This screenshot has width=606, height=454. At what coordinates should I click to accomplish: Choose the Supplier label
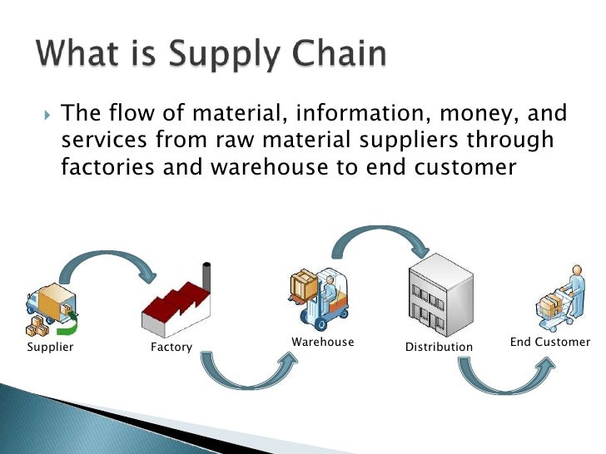coord(50,347)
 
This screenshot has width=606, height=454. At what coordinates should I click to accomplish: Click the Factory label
coord(171,347)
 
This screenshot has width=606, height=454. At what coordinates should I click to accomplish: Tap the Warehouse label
coord(322,342)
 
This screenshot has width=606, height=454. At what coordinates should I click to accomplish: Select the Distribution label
coord(439,347)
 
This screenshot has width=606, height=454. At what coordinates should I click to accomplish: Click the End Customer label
coord(549,342)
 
